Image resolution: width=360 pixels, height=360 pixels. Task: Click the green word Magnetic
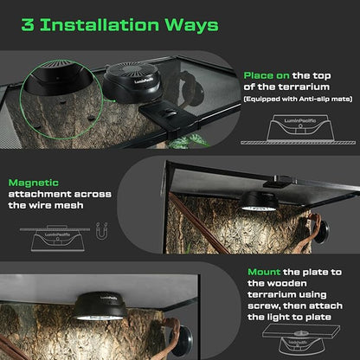[34, 184]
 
